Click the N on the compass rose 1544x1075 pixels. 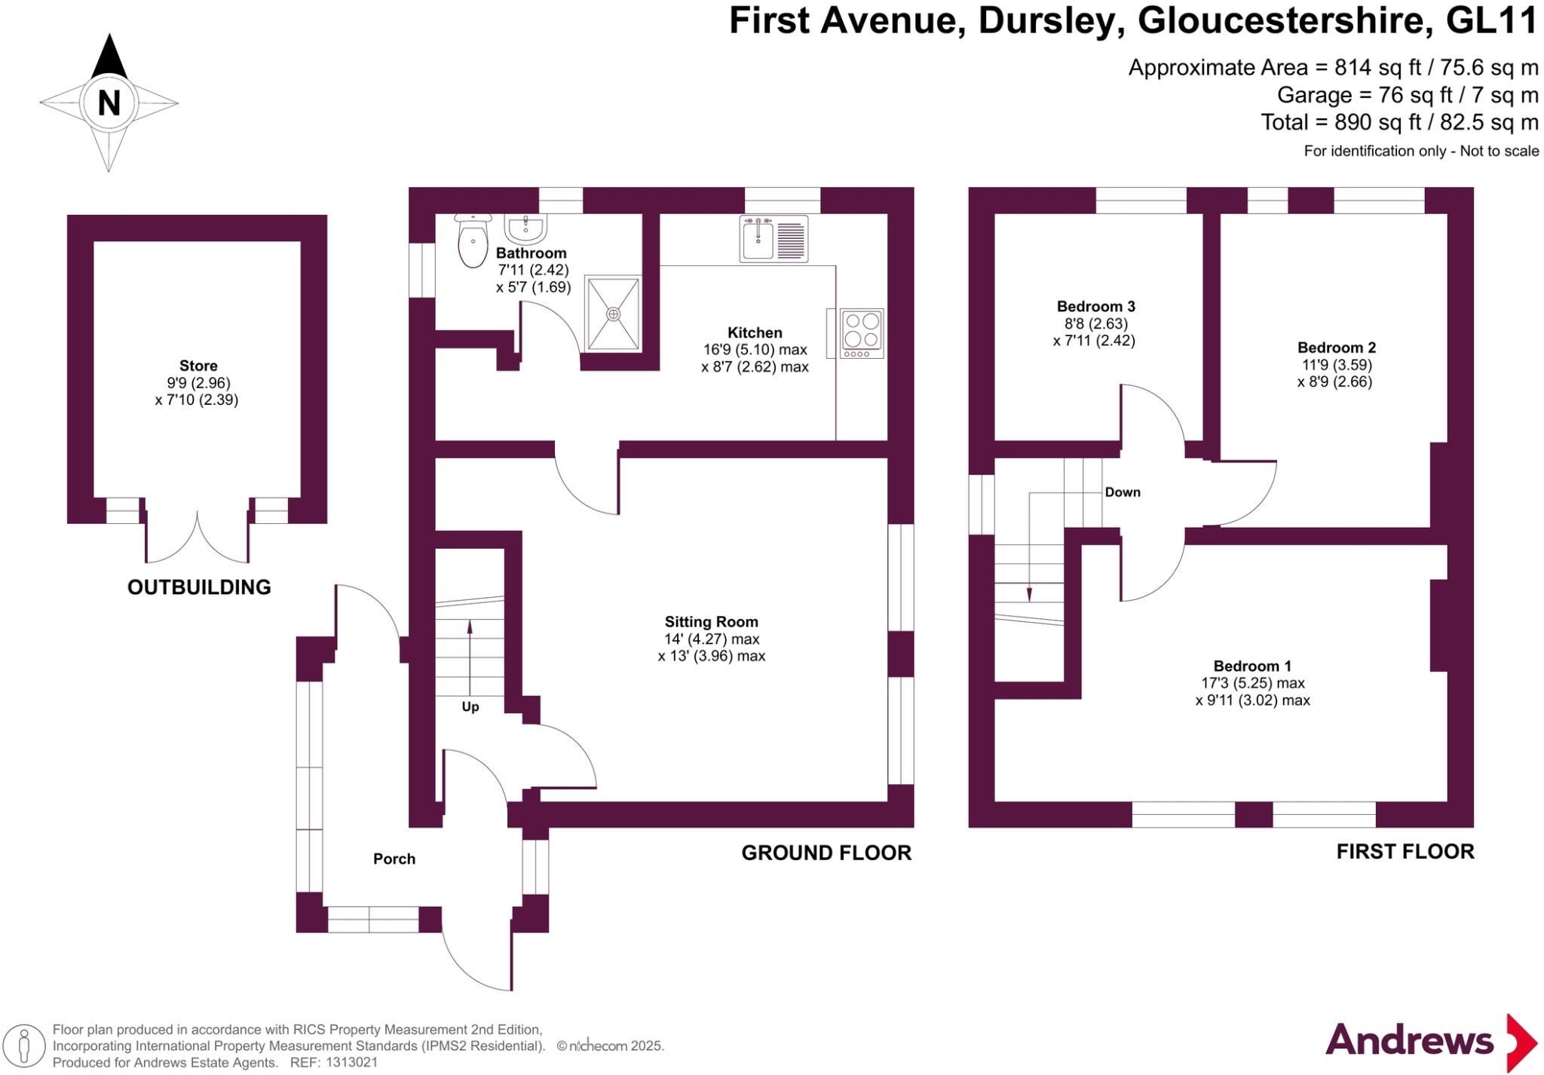(x=109, y=103)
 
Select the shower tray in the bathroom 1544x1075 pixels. (x=614, y=314)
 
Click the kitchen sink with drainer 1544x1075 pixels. (x=774, y=239)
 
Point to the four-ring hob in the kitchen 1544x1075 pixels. (x=862, y=332)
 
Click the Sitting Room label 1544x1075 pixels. (x=711, y=622)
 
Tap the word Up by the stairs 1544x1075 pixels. (x=470, y=707)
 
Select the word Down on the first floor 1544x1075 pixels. (x=1122, y=492)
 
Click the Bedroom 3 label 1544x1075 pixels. (x=1095, y=306)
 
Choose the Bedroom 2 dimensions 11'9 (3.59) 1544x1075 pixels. (x=1337, y=365)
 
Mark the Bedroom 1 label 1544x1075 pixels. (x=1252, y=666)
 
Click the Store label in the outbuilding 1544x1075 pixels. (x=198, y=366)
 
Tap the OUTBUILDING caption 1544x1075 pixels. (x=199, y=587)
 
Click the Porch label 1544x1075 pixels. (x=394, y=859)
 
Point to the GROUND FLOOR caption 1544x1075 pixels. (x=826, y=853)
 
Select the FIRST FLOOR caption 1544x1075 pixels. (x=1405, y=852)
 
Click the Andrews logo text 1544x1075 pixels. (x=1409, y=1041)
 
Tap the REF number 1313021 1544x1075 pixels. (x=351, y=1063)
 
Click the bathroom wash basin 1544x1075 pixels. (x=526, y=227)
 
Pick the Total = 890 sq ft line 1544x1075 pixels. (x=1399, y=122)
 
